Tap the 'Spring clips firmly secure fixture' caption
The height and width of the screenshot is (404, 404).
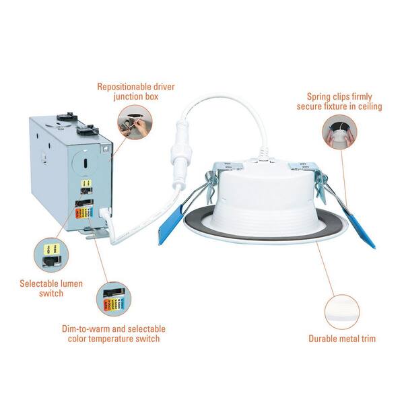pos(339,101)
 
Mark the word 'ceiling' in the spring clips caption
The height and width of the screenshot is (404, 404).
pos(368,106)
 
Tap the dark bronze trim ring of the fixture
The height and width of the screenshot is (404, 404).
pos(202,226)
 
